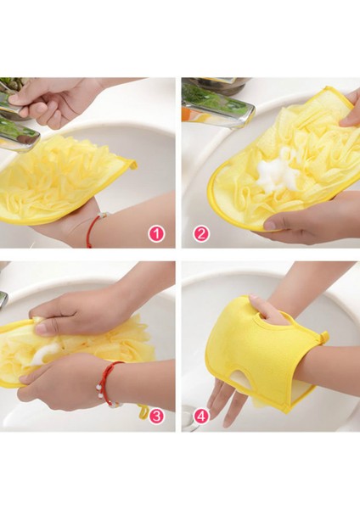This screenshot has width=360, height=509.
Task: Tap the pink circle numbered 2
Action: pos(201,233)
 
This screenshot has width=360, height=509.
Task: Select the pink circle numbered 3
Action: pos(156,415)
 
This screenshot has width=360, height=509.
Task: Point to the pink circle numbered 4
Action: pos(201,415)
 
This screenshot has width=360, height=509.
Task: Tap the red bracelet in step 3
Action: pos(110,382)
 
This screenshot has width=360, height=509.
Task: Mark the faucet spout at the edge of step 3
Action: pos(4,299)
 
